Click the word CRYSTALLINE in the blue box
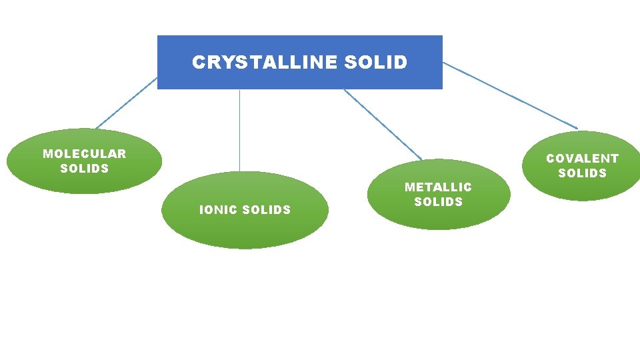pyautogui.click(x=265, y=63)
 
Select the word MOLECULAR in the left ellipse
pyautogui.click(x=84, y=154)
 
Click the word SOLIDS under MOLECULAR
pyautogui.click(x=84, y=169)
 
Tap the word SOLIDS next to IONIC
pyautogui.click(x=267, y=210)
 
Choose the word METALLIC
pyautogui.click(x=438, y=187)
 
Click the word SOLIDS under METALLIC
pyautogui.click(x=438, y=202)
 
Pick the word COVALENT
pyautogui.click(x=582, y=159)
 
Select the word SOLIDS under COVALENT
pyautogui.click(x=582, y=173)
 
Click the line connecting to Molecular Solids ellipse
pyautogui.click(x=126, y=103)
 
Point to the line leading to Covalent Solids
pyautogui.click(x=510, y=96)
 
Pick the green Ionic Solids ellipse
pyautogui.click(x=245, y=230)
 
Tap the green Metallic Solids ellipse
pyautogui.click(x=439, y=217)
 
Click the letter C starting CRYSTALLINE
pyautogui.click(x=198, y=63)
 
